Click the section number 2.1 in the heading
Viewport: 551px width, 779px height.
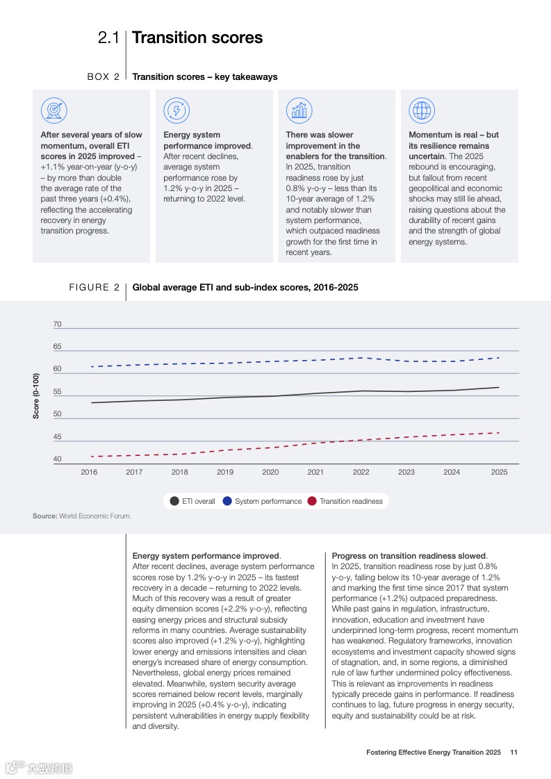109,38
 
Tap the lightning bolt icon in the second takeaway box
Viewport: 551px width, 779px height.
176,110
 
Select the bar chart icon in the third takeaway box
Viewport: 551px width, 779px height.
299,110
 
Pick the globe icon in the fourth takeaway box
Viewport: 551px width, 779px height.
421,110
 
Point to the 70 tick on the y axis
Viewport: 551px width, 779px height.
57,325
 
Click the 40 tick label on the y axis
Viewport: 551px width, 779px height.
57,459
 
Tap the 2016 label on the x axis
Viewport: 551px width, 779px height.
89,473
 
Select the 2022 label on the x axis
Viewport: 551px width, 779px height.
361,473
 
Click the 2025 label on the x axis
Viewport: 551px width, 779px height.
499,473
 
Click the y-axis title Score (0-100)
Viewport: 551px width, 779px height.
36,395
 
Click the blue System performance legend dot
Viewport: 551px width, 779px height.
227,501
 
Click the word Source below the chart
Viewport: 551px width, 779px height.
44,516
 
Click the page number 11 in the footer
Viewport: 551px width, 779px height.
513,752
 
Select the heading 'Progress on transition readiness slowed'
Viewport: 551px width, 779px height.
409,556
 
